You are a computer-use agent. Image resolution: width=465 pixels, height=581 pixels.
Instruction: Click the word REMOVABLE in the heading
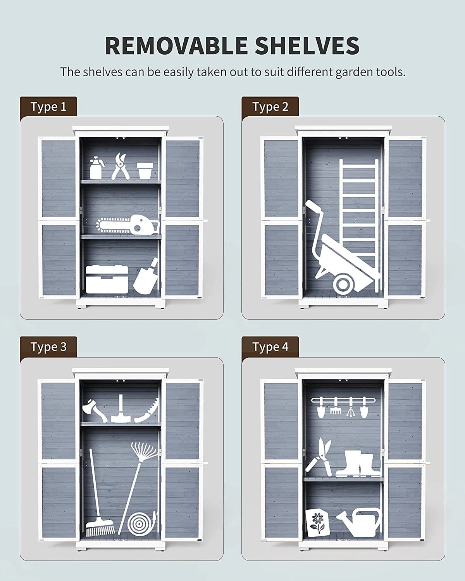(176, 46)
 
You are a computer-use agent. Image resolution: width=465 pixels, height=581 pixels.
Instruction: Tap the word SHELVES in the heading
(307, 46)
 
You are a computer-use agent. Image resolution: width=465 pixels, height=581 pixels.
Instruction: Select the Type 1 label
(48, 107)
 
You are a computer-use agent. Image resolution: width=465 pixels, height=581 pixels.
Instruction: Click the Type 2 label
(270, 107)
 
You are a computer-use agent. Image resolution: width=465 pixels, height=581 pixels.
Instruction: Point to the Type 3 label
(48, 347)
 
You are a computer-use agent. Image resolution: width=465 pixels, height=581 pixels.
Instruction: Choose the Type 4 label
(270, 347)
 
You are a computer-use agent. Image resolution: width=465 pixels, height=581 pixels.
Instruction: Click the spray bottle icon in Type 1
(96, 168)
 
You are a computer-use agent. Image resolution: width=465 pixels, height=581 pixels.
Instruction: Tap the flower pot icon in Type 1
(145, 171)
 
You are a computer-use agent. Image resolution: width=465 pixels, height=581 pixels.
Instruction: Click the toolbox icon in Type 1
(107, 279)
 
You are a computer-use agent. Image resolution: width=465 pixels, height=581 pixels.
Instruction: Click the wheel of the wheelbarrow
(344, 284)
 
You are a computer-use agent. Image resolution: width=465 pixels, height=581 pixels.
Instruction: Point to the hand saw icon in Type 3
(147, 410)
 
